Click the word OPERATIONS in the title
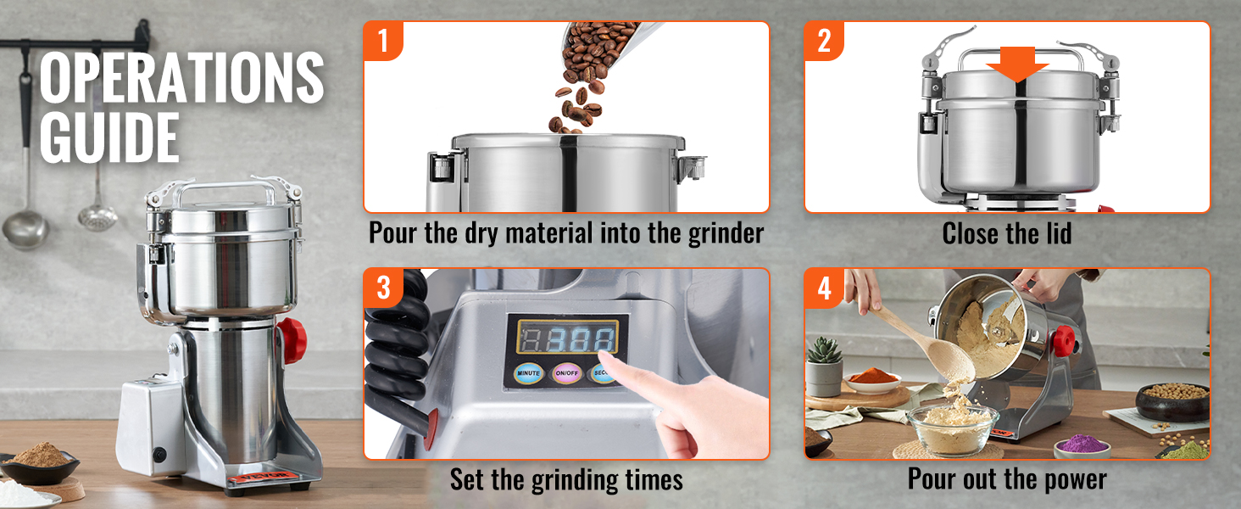click(181, 78)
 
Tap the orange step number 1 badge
click(383, 40)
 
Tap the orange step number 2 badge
click(824, 40)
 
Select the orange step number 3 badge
click(383, 288)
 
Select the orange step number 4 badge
click(824, 288)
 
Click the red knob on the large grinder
click(292, 339)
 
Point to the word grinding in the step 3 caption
click(569, 480)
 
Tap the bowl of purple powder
click(1082, 444)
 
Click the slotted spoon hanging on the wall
click(97, 212)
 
